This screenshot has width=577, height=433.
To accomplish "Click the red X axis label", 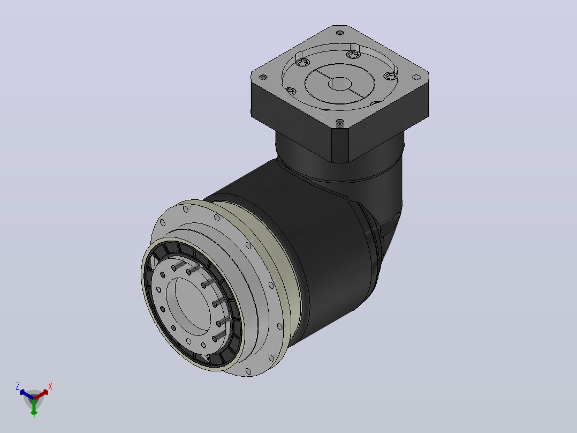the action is coord(50,386).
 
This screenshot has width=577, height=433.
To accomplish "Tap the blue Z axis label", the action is coord(17,386).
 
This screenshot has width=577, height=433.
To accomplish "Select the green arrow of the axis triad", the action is coord(34,407).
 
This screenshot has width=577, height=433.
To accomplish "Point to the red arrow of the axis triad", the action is coord(41,394).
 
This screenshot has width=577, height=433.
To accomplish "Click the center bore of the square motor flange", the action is coord(340,84).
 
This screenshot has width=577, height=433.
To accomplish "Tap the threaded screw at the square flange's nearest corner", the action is coord(340,123).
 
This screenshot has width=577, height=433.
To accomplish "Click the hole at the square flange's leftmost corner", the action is coord(263,77).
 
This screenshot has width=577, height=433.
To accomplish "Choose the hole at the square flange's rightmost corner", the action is coord(416,77).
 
